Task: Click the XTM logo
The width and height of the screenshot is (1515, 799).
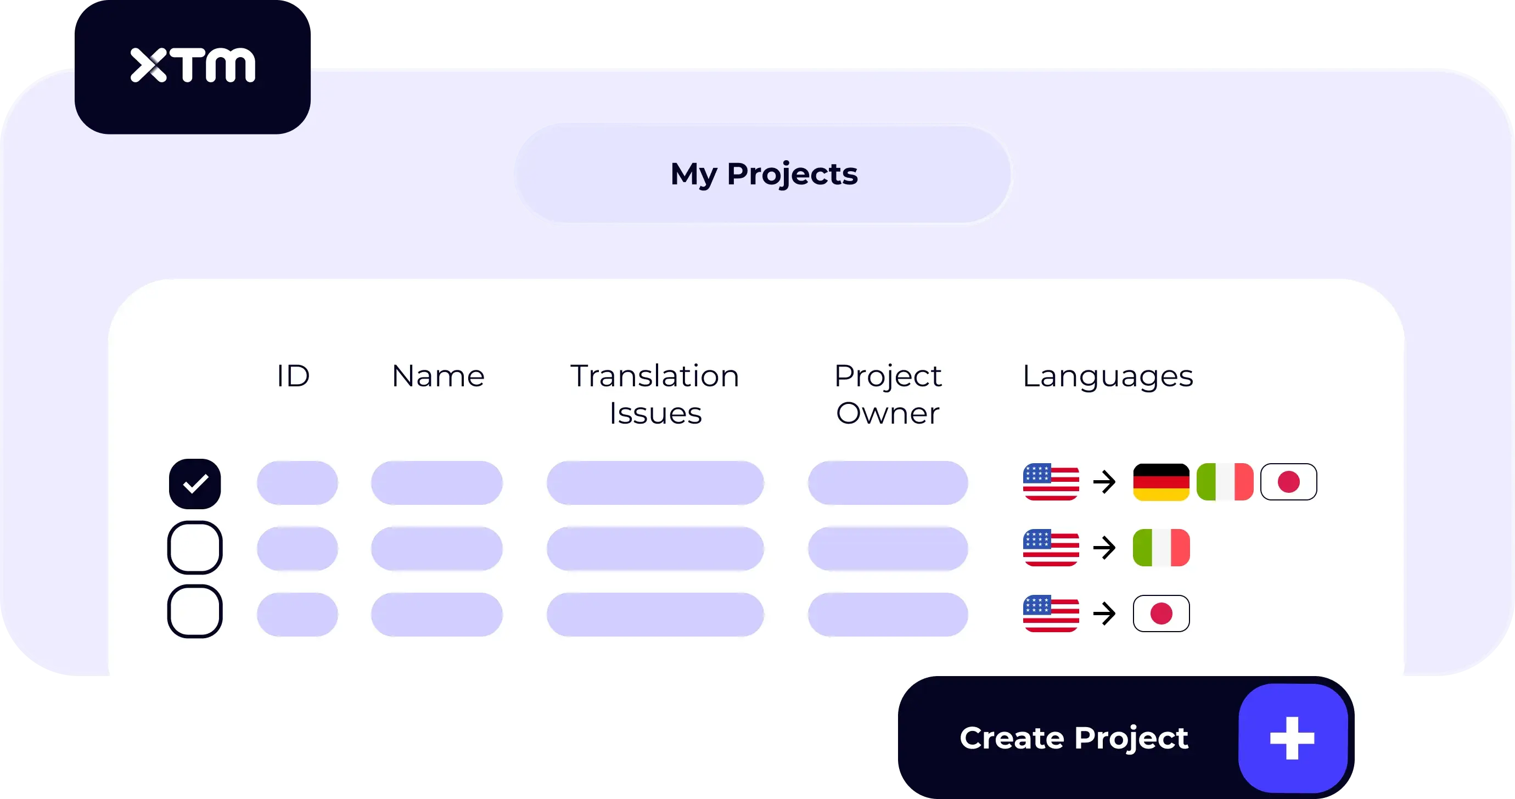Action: click(192, 65)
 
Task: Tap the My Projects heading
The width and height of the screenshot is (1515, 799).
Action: click(764, 174)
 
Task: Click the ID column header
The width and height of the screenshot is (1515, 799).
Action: click(293, 376)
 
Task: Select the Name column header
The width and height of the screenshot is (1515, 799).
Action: click(438, 376)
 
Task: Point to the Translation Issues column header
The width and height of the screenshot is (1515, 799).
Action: click(654, 394)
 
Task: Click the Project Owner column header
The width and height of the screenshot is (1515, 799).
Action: click(888, 394)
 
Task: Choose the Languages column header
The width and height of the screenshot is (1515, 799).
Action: click(1108, 376)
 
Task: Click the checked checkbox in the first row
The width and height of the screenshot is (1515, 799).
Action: click(195, 483)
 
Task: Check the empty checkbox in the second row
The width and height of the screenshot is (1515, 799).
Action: click(195, 547)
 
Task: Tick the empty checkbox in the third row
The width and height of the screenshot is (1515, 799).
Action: click(195, 611)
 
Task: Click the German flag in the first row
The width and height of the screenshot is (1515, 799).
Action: click(1161, 482)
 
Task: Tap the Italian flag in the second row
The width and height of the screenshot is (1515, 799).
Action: click(1161, 548)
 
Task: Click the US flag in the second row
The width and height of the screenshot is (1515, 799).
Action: click(1051, 548)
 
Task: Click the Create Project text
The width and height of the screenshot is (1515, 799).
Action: click(1074, 738)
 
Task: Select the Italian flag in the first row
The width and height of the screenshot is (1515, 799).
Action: click(1225, 482)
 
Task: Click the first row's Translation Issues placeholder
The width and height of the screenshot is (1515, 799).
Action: click(654, 483)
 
